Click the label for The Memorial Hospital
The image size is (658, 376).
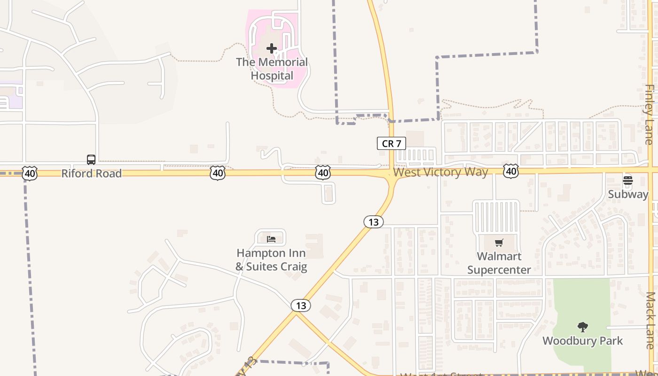click(272, 69)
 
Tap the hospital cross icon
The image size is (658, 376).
click(272, 48)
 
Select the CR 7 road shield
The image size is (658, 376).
click(391, 143)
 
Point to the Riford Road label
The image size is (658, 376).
click(91, 173)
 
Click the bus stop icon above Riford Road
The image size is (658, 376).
click(91, 160)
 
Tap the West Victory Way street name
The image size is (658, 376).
click(440, 172)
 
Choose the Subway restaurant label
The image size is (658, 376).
click(628, 194)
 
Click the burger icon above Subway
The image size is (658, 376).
click(627, 180)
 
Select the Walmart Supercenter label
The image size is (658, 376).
click(499, 263)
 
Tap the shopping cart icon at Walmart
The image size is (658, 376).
click(499, 243)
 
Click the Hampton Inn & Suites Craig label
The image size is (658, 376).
click(271, 260)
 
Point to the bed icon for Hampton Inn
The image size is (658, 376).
click(271, 239)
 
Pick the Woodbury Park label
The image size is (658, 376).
click(583, 341)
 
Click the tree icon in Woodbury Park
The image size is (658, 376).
click(583, 327)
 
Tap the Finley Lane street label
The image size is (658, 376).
click(650, 114)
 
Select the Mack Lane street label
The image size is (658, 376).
click(650, 321)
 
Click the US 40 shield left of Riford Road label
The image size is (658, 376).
click(30, 173)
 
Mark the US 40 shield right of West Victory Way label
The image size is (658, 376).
click(511, 171)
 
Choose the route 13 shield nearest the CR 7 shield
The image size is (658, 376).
click(374, 222)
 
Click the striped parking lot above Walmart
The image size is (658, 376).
click(496, 216)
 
